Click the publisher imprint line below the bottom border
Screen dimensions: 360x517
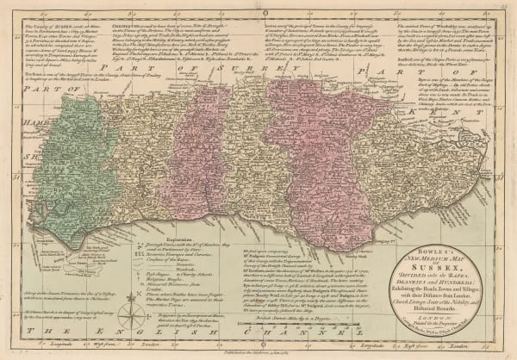click(x=258, y=352)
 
